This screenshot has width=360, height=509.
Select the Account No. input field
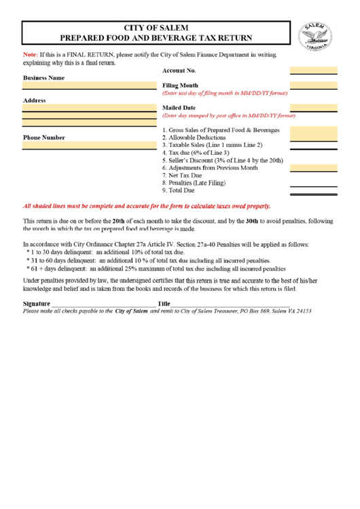(x=313, y=70)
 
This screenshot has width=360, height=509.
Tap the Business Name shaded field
(x=89, y=86)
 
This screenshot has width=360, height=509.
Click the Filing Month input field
(x=313, y=85)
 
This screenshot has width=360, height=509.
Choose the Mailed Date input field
(x=313, y=107)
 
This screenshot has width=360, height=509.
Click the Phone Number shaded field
(x=89, y=145)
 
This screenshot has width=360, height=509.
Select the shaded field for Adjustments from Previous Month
(x=313, y=167)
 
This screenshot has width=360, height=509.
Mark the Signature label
(x=36, y=303)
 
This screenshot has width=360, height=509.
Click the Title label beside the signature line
(x=164, y=303)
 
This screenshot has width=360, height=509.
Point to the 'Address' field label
(x=34, y=100)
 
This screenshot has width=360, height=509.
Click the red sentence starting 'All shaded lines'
(x=147, y=206)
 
